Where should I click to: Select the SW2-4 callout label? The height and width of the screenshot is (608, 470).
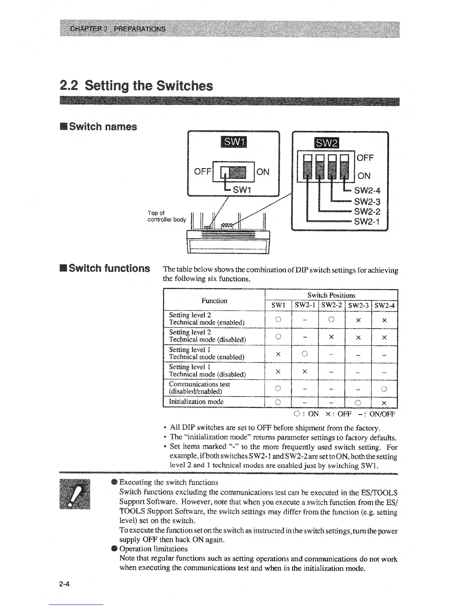click(x=367, y=191)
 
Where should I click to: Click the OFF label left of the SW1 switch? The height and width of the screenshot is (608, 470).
click(x=203, y=172)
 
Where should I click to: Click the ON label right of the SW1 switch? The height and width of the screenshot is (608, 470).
click(x=263, y=172)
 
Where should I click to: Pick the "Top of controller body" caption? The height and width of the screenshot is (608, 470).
click(x=166, y=216)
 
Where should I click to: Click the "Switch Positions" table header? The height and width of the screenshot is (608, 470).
click(x=331, y=295)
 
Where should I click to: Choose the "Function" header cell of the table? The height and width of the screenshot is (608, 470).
click(x=214, y=301)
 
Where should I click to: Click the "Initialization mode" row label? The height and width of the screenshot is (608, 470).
click(x=196, y=401)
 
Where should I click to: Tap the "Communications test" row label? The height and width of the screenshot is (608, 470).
click(x=199, y=384)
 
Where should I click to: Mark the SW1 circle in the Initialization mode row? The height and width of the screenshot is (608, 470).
click(x=279, y=402)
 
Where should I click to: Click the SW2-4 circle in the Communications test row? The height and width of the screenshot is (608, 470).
click(x=384, y=389)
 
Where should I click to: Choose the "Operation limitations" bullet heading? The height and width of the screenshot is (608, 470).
click(x=154, y=549)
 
